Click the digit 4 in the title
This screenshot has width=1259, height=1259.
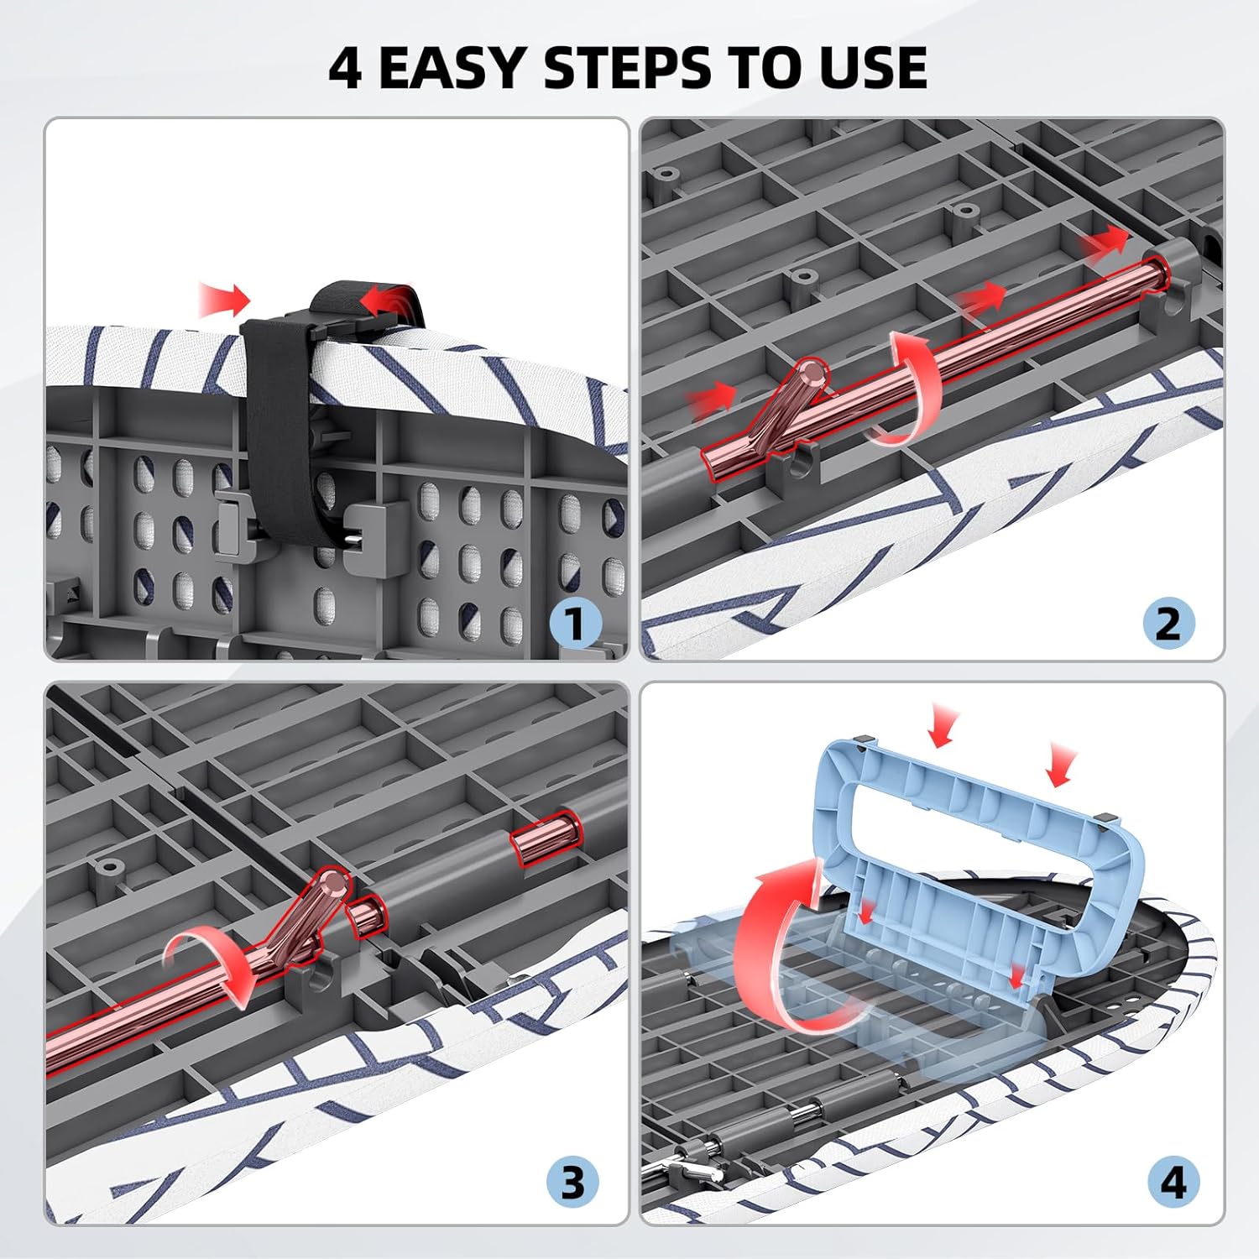pos(345,67)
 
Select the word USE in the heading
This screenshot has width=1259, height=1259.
pos(873,67)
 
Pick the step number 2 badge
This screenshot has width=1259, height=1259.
pos(1168,624)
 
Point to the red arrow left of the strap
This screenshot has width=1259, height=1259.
pos(225,300)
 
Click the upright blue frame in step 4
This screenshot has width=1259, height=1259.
pos(978,856)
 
